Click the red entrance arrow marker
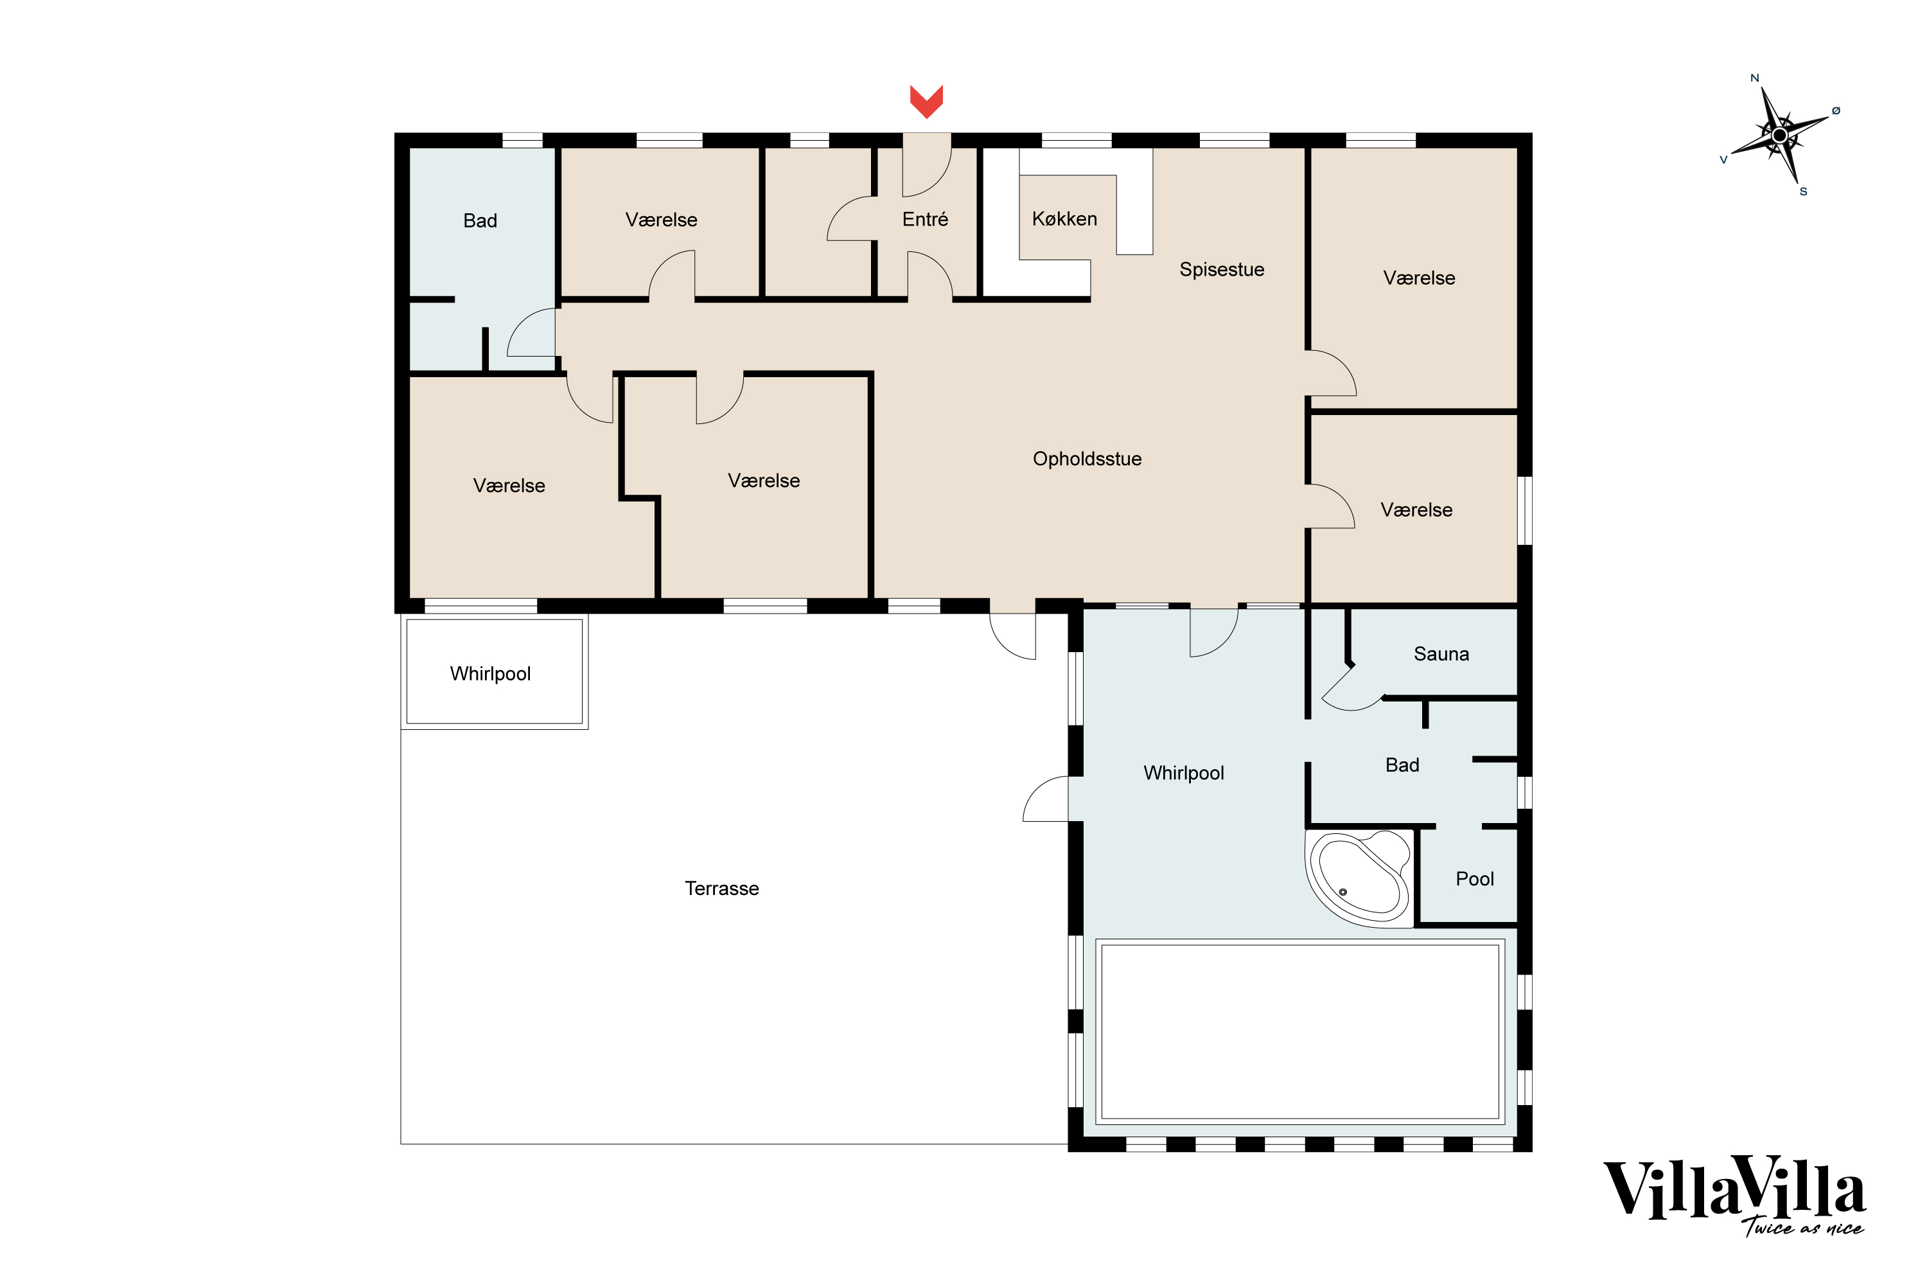click(x=927, y=101)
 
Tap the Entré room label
click(x=925, y=220)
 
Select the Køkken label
click(x=1064, y=219)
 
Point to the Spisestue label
click(x=1222, y=270)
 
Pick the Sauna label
click(x=1441, y=654)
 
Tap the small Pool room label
click(x=1475, y=880)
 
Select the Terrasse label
click(x=722, y=889)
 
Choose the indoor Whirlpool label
click(x=1183, y=773)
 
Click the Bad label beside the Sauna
click(x=1402, y=765)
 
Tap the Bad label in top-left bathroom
click(x=480, y=220)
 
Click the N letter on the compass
click(x=1754, y=78)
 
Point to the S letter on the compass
click(x=1803, y=191)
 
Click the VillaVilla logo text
click(x=1733, y=1189)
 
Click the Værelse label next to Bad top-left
click(x=661, y=220)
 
